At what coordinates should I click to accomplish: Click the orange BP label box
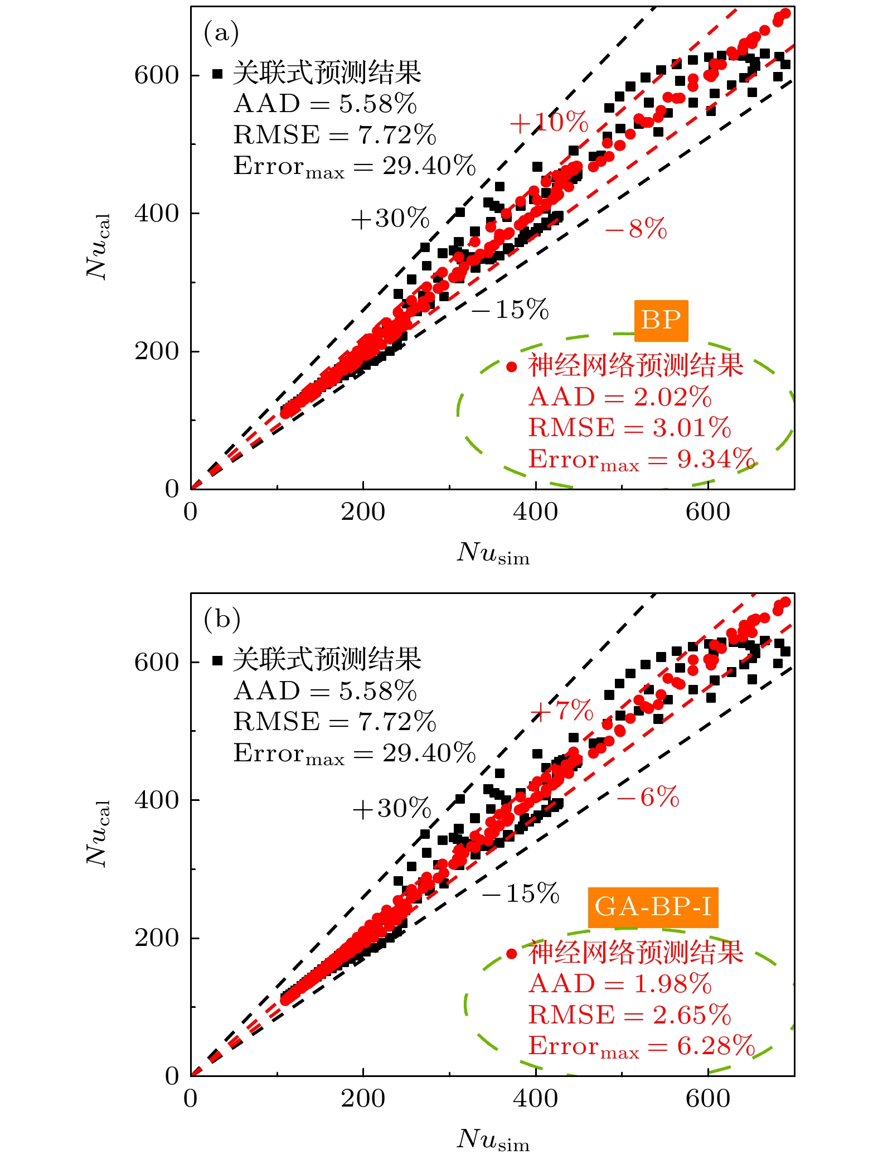[x=661, y=320]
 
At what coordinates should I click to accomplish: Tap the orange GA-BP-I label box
[x=653, y=907]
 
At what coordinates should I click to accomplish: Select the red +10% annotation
[x=549, y=122]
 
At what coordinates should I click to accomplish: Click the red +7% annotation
[x=561, y=710]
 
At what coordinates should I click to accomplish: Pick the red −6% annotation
[x=648, y=797]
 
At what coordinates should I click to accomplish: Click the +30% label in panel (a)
[x=390, y=218]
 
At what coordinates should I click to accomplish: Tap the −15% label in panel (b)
[x=521, y=893]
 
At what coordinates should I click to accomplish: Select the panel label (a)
[x=221, y=32]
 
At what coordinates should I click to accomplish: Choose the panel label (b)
[x=222, y=619]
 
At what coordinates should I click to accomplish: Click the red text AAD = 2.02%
[x=620, y=397]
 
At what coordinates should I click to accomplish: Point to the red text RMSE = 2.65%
[x=630, y=1015]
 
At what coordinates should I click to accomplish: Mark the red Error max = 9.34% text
[x=641, y=460]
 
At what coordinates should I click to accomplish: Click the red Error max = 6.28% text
[x=641, y=1046]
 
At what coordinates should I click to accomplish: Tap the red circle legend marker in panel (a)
[x=512, y=366]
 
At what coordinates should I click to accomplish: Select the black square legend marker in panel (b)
[x=217, y=661]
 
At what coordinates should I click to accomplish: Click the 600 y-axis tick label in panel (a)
[x=156, y=75]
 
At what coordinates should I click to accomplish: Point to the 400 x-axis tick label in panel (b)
[x=535, y=1098]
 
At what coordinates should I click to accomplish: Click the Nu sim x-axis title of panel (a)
[x=493, y=553]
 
